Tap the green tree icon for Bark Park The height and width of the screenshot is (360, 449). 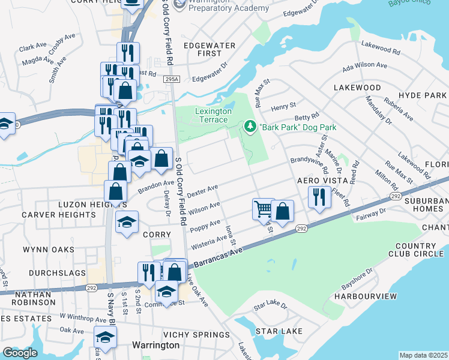250,127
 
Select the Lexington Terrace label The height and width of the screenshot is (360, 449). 213,115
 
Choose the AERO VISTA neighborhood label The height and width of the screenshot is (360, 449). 323,181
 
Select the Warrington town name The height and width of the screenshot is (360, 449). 155,345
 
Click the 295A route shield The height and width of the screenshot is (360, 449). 172,79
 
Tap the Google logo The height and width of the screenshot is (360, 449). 20,353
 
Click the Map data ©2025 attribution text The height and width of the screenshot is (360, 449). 423,355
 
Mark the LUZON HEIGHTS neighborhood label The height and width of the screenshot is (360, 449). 83,205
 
